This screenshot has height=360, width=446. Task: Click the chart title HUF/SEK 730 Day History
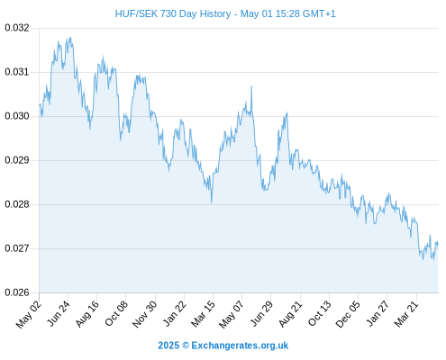point(173,13)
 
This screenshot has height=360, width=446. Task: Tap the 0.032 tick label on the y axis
point(17,28)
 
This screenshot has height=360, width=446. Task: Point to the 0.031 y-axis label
point(17,72)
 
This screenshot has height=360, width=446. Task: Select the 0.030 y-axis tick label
point(17,116)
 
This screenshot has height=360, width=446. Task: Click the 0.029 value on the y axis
point(17,160)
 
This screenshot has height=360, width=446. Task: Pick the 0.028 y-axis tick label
point(17,204)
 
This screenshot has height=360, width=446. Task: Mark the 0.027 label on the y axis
point(17,248)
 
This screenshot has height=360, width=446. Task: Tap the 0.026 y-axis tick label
point(17,292)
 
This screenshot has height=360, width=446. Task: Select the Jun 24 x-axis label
point(59,313)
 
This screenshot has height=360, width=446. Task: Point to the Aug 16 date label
point(86,314)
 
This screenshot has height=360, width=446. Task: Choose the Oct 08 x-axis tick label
point(116,313)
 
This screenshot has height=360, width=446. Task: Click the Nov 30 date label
point(144,314)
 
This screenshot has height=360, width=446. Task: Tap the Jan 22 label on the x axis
point(174,313)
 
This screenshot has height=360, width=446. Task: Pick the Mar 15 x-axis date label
point(203,314)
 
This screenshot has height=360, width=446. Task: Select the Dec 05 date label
point(348,314)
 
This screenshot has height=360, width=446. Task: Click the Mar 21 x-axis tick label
point(406,314)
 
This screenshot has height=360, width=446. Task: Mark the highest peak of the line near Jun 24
point(70,38)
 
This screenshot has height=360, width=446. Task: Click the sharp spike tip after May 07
point(251,86)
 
